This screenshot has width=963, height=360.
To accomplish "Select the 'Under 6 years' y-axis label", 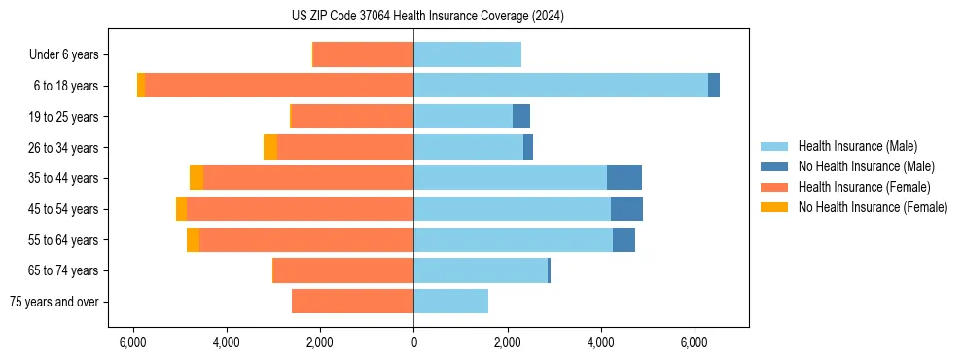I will point(69,54).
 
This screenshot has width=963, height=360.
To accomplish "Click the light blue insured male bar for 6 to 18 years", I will point(560,86).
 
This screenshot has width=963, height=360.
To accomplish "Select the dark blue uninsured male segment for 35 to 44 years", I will point(624,178).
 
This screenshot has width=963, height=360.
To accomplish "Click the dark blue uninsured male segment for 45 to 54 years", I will point(626,209).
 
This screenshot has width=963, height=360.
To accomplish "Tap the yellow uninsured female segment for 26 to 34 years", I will point(270,147).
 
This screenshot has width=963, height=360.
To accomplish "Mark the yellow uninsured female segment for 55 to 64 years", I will point(193,240).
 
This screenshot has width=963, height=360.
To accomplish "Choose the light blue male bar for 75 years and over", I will point(450,302).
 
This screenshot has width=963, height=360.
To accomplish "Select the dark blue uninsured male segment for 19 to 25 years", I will point(521,117).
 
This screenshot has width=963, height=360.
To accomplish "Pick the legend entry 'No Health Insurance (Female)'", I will point(873,207).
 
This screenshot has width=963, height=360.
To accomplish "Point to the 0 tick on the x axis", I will point(413,342).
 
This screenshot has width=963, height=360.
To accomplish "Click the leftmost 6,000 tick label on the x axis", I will point(132,342).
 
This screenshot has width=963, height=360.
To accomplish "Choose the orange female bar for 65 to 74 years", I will point(343,270).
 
